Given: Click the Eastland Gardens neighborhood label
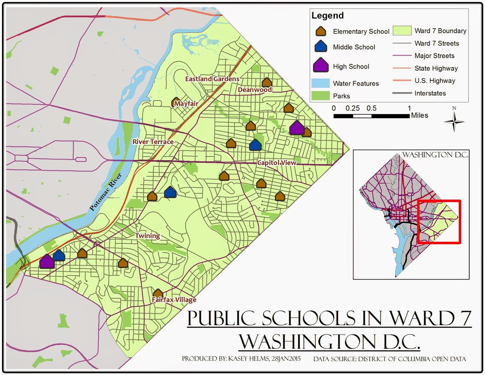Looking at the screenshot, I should pos(212,79).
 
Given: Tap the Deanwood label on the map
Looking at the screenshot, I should pos(255,90).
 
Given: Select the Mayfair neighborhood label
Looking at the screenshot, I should pos(186,104).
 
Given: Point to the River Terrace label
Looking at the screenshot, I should pos(153,142).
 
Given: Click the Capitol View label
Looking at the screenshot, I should pos(277,163).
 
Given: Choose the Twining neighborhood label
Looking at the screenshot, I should pos(148,236).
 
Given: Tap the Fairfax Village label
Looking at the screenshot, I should pos(174,300).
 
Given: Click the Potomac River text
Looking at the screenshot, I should pos(105,192).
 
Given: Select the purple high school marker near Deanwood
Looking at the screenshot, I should pos(297,128).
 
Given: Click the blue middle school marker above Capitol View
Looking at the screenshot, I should pos(255,145).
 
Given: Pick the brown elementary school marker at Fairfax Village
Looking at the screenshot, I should pos(158,293).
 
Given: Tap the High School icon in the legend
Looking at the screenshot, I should pos(321,65).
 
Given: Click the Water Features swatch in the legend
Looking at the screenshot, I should pos(320,83).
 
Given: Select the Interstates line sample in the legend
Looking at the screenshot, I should pos(402,93).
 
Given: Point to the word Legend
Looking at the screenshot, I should pos(327,15).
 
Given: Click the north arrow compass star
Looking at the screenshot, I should pos(454,122).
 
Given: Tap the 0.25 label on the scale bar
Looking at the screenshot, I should pos(353,108).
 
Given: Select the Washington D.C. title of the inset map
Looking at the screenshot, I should pos(435,155).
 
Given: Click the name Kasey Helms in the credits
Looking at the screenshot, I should pos(249,359).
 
